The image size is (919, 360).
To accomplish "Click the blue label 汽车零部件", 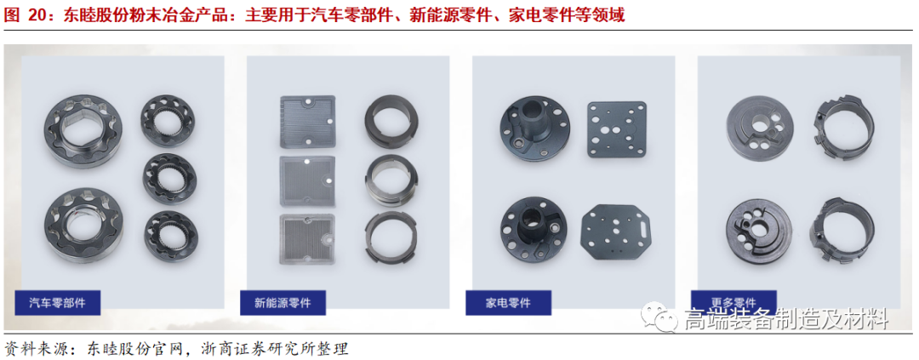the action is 57,302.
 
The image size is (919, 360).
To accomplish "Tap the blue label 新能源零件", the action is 283,302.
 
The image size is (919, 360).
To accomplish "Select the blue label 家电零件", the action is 508,302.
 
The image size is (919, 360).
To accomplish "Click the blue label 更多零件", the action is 733,300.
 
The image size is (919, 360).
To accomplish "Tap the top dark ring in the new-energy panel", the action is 389,121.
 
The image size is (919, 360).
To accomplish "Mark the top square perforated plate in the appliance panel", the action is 617,129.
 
